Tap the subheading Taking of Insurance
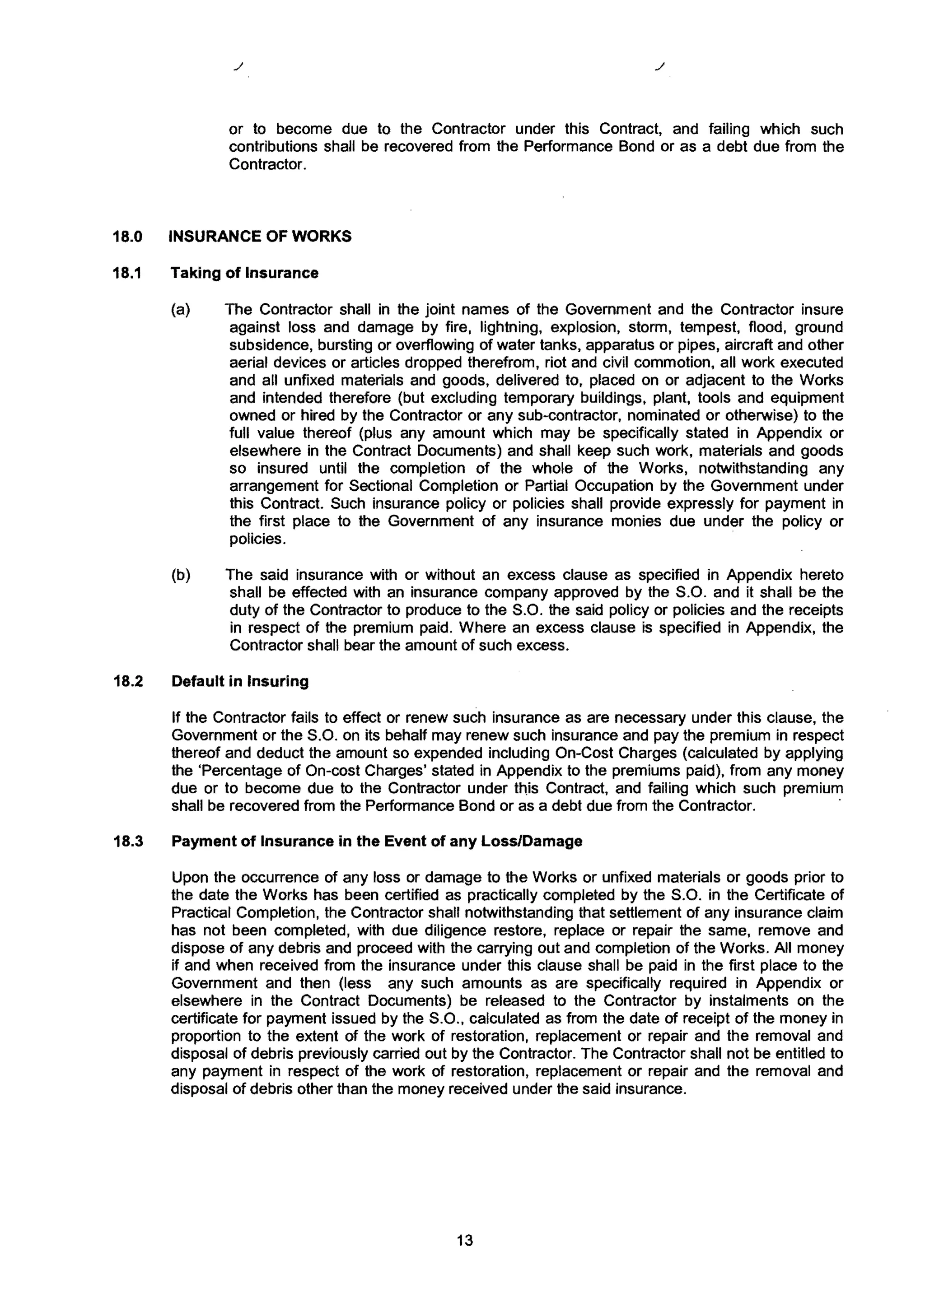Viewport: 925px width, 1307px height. click(244, 273)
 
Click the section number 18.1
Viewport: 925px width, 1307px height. click(126, 273)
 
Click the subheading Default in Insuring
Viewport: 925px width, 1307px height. click(240, 681)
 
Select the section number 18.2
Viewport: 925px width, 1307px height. click(126, 681)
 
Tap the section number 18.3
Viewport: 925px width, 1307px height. click(126, 842)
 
